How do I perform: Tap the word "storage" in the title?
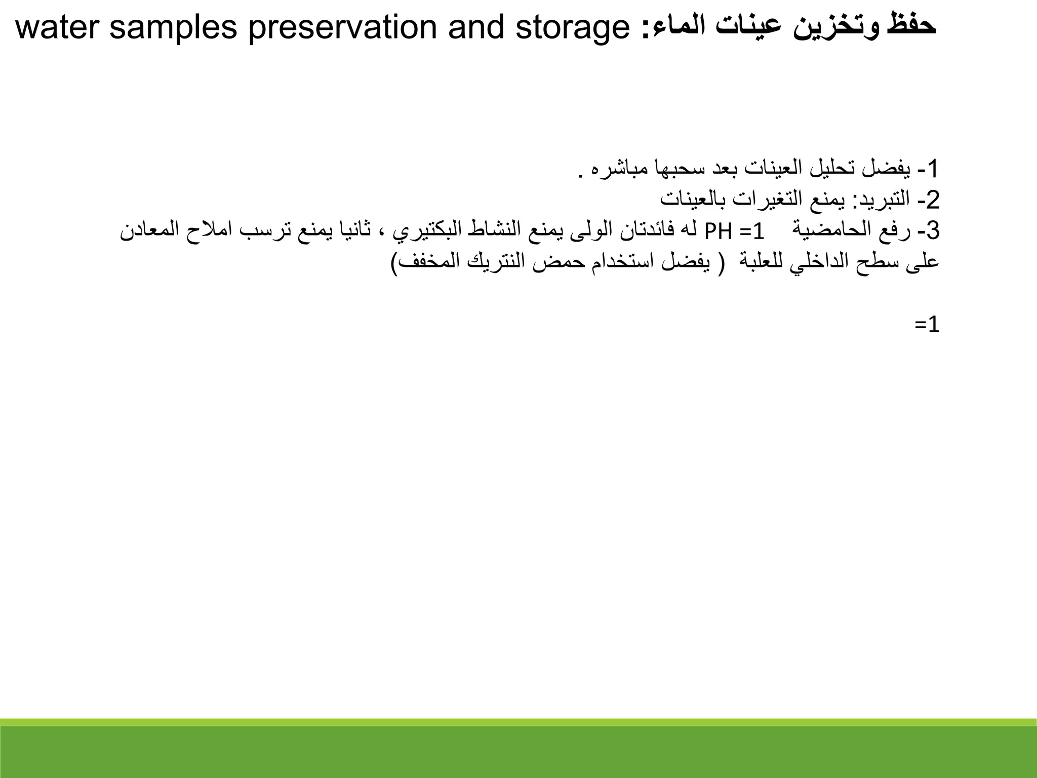pyautogui.click(x=572, y=28)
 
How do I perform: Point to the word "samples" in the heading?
pyautogui.click(x=173, y=28)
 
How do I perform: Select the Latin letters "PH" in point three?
pyautogui.click(x=718, y=231)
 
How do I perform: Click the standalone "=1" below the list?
pyautogui.click(x=927, y=325)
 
